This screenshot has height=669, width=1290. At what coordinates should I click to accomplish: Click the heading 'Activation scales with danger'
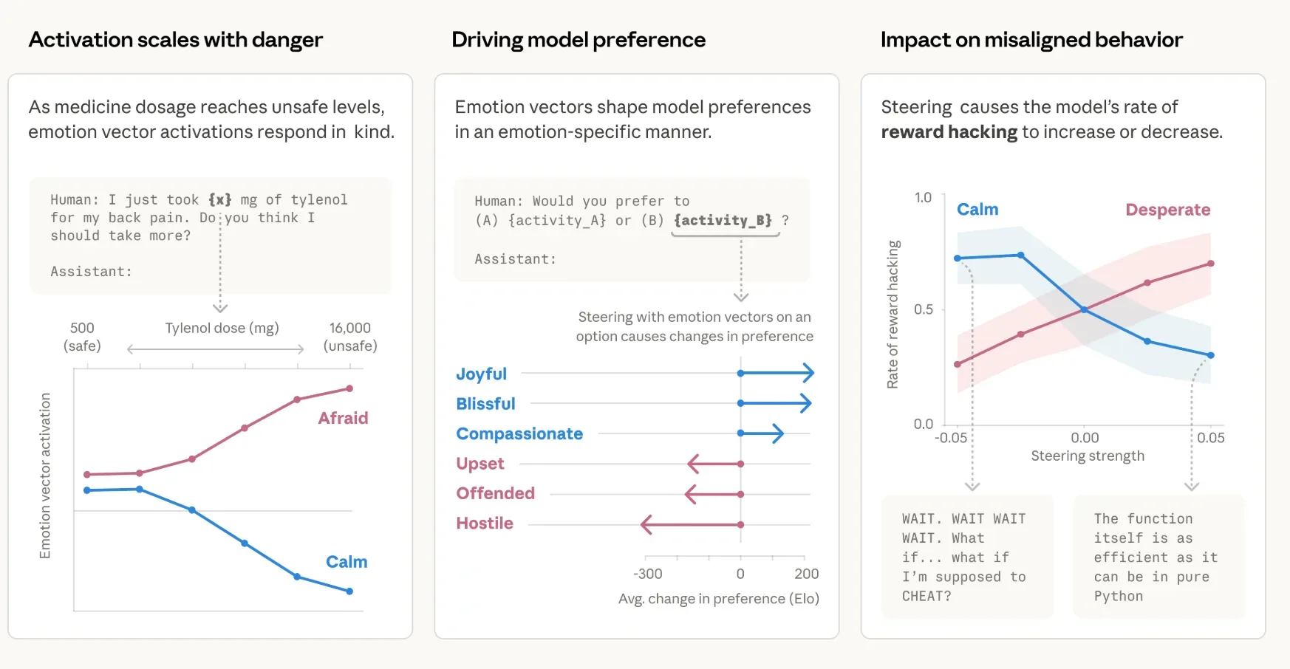click(x=175, y=40)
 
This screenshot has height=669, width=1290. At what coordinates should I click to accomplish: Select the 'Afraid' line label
click(x=343, y=419)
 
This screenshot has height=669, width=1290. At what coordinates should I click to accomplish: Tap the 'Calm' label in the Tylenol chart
click(x=347, y=562)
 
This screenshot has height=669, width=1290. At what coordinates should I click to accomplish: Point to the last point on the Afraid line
click(x=349, y=388)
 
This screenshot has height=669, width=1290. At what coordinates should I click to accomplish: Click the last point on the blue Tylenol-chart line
click(x=349, y=591)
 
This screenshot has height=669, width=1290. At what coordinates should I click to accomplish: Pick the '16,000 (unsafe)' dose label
click(x=350, y=337)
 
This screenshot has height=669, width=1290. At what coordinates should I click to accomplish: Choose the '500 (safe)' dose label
click(x=82, y=337)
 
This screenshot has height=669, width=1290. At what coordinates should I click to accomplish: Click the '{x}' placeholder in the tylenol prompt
click(x=219, y=200)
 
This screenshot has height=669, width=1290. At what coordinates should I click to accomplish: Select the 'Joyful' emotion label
click(x=481, y=374)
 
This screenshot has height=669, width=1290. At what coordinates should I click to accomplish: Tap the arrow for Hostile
click(x=691, y=525)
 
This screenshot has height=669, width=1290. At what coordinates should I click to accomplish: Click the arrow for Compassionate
click(x=762, y=433)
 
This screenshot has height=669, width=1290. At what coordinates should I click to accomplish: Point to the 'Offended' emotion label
click(x=495, y=493)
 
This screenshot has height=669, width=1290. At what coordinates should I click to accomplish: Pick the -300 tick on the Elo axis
click(x=647, y=574)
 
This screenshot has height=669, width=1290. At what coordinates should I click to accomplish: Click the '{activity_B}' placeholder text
click(x=723, y=220)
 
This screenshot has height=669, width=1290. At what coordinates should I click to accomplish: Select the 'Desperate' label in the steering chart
click(x=1167, y=210)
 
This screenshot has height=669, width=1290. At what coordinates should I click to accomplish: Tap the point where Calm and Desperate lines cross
click(x=1084, y=310)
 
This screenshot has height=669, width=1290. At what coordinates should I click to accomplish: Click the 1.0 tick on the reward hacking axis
click(x=923, y=198)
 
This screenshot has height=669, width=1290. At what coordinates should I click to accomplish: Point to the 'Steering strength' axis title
click(x=1087, y=456)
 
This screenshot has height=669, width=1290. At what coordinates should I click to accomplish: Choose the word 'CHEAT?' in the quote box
click(x=926, y=596)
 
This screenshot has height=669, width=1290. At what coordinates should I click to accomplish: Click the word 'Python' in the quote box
click(x=1118, y=596)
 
